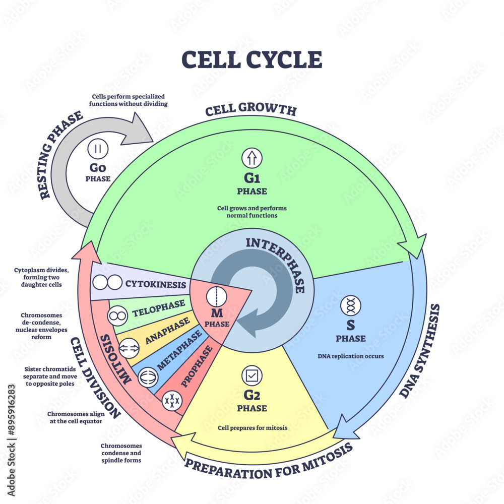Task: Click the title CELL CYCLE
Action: coord(251,59)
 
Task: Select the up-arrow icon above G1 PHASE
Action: coord(251,158)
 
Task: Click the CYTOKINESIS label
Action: coord(155,285)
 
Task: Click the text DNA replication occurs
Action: coord(351,356)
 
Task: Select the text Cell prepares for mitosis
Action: coord(253,428)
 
